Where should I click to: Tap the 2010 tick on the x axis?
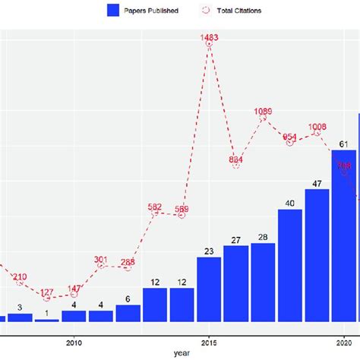tap(74, 340)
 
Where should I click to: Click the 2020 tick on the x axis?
tap(343, 340)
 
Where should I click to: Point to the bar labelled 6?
tap(128, 313)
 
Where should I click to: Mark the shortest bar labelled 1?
tap(47, 320)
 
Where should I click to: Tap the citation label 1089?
tap(263, 112)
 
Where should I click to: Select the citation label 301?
tap(101, 260)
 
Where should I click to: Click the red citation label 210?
tap(20, 276)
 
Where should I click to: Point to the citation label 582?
tap(155, 207)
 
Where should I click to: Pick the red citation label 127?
tap(47, 292)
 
